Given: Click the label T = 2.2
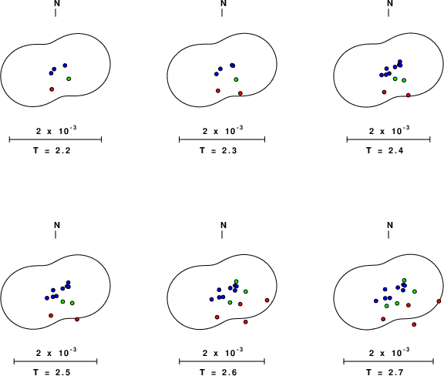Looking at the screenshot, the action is click(52, 150).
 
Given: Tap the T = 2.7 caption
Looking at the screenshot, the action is click(385, 372).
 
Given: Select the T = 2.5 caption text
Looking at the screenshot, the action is click(52, 372).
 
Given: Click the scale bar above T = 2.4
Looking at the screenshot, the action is click(388, 139).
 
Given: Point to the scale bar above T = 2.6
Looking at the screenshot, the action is click(222, 361).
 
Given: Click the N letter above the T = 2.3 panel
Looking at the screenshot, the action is click(224, 3).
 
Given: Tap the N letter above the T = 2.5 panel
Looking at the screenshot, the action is click(57, 225).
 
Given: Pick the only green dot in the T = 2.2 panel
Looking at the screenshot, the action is click(69, 79).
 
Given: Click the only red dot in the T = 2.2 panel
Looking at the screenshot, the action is click(52, 89).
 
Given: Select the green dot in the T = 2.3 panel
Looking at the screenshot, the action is click(236, 79).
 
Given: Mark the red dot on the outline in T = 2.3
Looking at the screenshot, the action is click(240, 93).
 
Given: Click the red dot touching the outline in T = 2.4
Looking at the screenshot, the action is click(409, 95).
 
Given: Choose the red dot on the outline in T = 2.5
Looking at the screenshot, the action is click(77, 320).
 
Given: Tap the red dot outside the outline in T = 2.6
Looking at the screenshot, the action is click(245, 322).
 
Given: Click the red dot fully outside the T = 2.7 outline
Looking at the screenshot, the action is click(414, 324).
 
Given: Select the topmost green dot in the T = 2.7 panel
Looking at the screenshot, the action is click(405, 280).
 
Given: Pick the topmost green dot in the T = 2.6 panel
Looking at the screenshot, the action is click(236, 281).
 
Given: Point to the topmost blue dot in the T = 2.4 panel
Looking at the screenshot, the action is click(400, 62).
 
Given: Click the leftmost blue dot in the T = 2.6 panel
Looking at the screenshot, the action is click(211, 299).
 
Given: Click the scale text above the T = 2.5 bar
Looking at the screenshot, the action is click(56, 353).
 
